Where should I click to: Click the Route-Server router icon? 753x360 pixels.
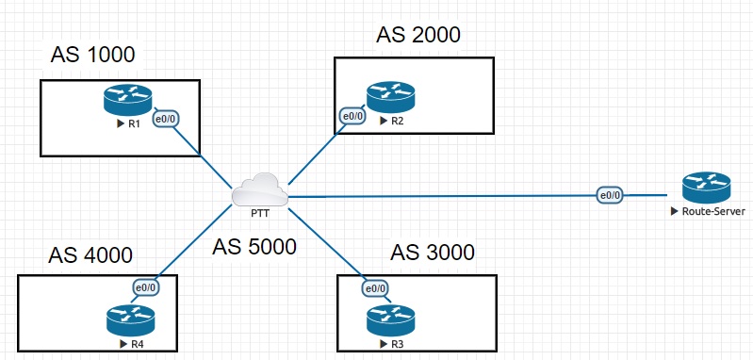706,188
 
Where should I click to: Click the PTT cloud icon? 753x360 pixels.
259,189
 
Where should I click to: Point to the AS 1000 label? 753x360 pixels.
93,55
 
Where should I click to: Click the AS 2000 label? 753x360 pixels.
417,36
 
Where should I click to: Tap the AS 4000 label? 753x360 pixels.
90,254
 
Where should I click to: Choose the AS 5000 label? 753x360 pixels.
254,247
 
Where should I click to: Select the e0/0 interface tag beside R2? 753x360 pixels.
351,117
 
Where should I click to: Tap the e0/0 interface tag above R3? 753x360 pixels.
375,288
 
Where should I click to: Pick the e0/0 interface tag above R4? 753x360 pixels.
146,288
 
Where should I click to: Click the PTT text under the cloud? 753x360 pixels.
260,213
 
